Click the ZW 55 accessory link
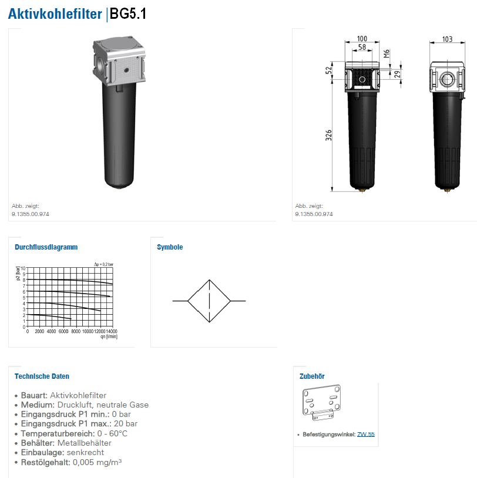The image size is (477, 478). click(x=365, y=434)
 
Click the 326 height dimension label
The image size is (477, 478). click(x=328, y=135)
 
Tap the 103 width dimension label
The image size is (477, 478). click(x=447, y=39)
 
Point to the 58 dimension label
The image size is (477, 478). click(x=362, y=47)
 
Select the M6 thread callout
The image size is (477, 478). click(x=387, y=53)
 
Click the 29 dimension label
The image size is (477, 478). click(x=397, y=74)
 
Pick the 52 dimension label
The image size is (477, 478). click(x=328, y=70)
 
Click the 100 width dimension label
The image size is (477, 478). click(x=362, y=39)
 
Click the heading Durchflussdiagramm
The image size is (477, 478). click(x=46, y=247)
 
